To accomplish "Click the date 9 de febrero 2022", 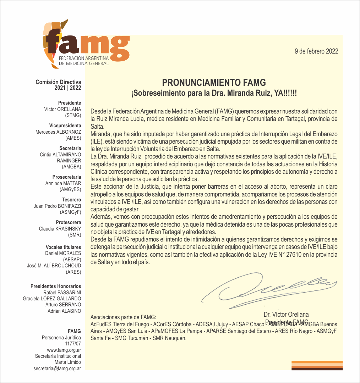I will pyautogui.click(x=316, y=51).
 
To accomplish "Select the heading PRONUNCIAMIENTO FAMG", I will pyautogui.click(x=214, y=83).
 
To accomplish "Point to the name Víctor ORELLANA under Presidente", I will pyautogui.click(x=62, y=109).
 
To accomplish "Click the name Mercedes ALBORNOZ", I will pyautogui.click(x=58, y=132).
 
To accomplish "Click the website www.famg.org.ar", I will pyautogui.click(x=66, y=350).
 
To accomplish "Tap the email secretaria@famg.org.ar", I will pyautogui.click(x=57, y=368).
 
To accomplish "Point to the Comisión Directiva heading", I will pyautogui.click(x=58, y=82).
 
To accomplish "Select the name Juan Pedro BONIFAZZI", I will pyautogui.click(x=57, y=206).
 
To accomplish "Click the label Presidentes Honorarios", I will pyautogui.click(x=56, y=286).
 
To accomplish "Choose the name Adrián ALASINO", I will pyautogui.click(x=64, y=311).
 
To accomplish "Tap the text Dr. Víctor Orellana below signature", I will pyautogui.click(x=286, y=315).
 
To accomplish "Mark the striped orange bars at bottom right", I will pyautogui.click(x=317, y=365).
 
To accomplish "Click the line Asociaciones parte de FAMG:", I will pyautogui.click(x=123, y=317).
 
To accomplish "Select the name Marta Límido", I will pyautogui.click(x=67, y=362).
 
